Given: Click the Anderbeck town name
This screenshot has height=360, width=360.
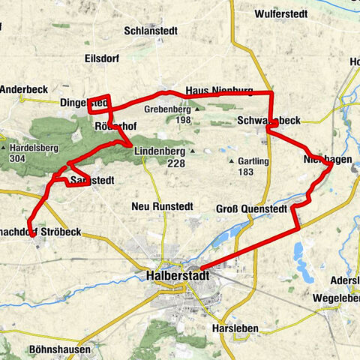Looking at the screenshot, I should [x=23, y=88].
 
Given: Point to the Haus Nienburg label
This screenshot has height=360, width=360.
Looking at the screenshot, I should [x=218, y=90].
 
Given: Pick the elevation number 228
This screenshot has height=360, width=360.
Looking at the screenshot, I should [x=176, y=163].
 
